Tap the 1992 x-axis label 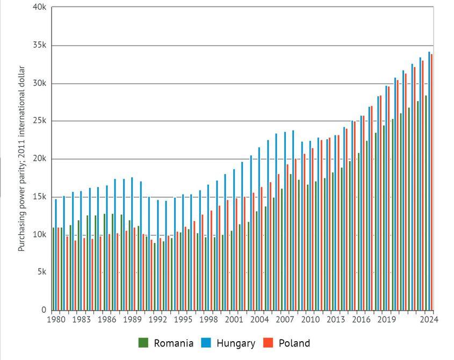tap(157, 320)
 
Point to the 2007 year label tap(285, 320)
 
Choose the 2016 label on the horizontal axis tap(361, 320)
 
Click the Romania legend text tap(174, 343)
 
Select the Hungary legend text tap(236, 343)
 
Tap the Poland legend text tap(294, 343)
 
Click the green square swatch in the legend tap(143, 343)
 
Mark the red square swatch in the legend tap(268, 343)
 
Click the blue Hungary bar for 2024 tap(429, 181)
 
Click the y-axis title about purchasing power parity tap(22, 159)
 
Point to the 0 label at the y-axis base tap(44, 310)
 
